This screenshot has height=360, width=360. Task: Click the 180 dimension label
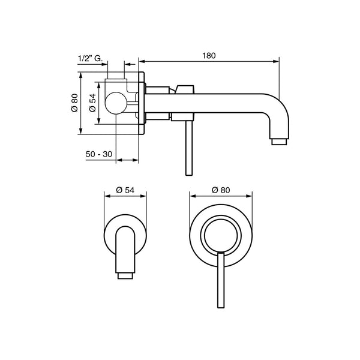coord(209,56)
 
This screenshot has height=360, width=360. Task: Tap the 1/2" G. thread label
coord(90,59)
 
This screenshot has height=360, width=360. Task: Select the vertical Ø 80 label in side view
coord(74,103)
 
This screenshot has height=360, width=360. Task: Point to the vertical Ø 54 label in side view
coord(92,103)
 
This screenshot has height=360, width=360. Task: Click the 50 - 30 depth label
coord(99,154)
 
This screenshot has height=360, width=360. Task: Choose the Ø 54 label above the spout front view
coord(125,190)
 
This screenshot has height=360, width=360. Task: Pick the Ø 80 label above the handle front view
coord(221,190)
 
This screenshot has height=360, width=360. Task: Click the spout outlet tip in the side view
coord(279,142)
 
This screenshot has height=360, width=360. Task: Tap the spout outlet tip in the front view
coord(125,275)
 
